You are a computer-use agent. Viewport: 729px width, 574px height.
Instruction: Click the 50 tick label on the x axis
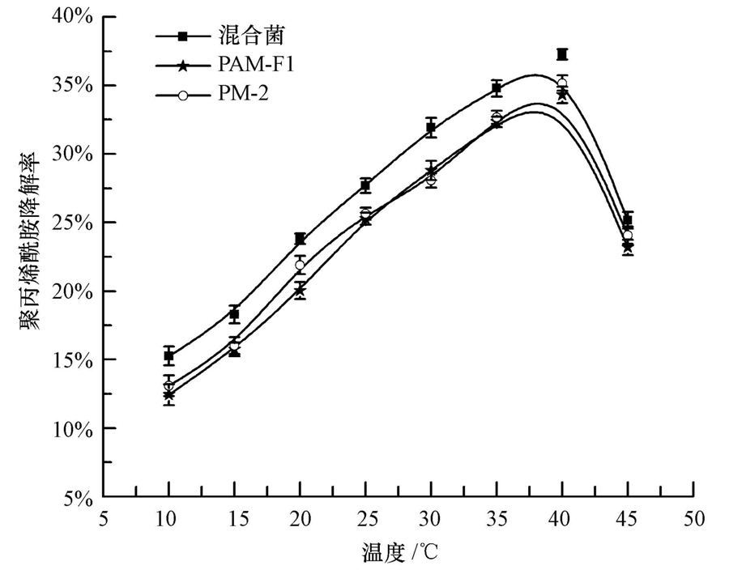click(693, 518)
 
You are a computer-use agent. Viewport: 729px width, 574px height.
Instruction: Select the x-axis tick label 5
click(103, 518)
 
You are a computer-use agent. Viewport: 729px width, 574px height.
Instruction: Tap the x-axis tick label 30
click(431, 518)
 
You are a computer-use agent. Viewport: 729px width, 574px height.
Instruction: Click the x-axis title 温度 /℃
click(400, 554)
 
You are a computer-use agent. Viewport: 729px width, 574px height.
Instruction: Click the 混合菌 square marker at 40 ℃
click(562, 54)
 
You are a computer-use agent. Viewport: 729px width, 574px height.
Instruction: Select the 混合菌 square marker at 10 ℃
click(168, 355)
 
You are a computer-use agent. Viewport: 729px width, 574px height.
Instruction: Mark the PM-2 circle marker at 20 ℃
click(300, 265)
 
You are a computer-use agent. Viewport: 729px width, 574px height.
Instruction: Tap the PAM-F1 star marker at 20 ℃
click(300, 290)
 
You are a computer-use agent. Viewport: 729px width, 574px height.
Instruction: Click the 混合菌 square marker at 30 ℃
click(431, 128)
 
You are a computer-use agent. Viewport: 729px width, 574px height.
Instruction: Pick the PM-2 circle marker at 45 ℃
click(628, 236)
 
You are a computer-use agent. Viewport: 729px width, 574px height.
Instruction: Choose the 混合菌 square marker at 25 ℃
click(365, 185)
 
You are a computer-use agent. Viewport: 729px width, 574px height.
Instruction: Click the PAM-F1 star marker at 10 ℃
click(168, 395)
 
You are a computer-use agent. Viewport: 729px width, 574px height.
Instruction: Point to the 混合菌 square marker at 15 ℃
click(234, 314)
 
